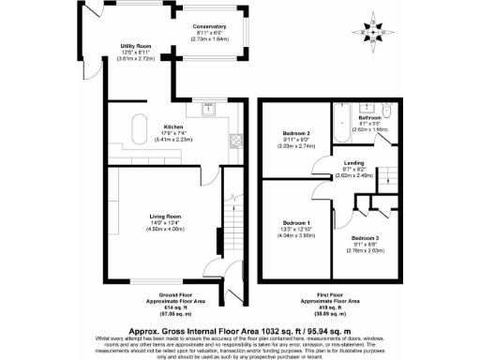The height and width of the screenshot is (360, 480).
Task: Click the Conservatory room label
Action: (208, 26)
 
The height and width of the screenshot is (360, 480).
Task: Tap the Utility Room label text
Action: (136, 45)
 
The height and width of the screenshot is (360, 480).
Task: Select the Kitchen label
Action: (173, 127)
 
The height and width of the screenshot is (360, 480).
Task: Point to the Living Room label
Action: (165, 216)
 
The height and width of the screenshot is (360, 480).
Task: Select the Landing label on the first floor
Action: (354, 163)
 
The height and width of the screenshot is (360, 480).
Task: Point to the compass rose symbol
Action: (375, 31)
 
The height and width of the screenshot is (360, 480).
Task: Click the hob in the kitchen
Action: (233, 142)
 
